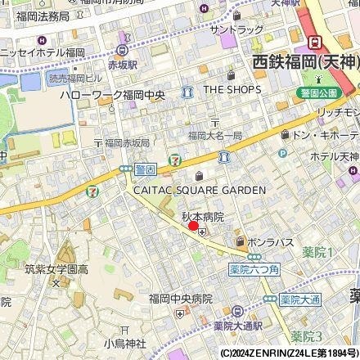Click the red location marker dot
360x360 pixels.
(x=194, y=227)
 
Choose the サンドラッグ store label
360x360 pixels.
(x=236, y=29)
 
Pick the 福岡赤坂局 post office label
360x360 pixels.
(x=126, y=142)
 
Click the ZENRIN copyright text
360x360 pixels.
(x=287, y=353)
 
